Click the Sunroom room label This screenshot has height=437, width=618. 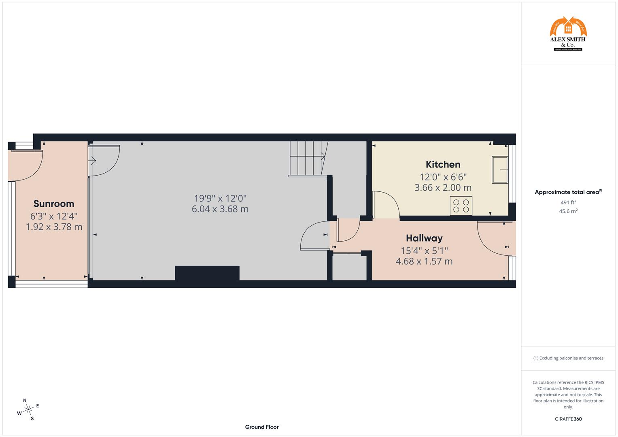pos(54,204)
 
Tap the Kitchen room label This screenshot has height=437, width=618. pos(443,164)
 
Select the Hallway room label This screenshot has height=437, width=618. pos(424,238)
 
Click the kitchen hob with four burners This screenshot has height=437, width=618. pos(461,206)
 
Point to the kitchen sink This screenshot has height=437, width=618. pos(500,170)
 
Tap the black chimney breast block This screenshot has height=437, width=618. pos(207,273)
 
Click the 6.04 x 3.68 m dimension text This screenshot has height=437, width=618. pos(220,209)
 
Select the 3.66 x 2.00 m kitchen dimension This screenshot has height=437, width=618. pos(443,188)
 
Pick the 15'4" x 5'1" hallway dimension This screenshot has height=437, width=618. pos(424,251)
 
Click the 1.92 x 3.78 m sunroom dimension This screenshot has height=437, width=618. pos(54,227)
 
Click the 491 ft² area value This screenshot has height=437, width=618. pos(568,202)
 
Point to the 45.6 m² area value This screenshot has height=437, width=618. pos(568,211)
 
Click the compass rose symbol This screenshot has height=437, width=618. pos(28,409)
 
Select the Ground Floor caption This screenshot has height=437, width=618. pos(261,427)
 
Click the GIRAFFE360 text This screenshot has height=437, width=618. pos(568,419)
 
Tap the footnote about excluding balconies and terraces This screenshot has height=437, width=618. pos(568,358)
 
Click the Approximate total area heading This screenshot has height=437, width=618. pos(568,192)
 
